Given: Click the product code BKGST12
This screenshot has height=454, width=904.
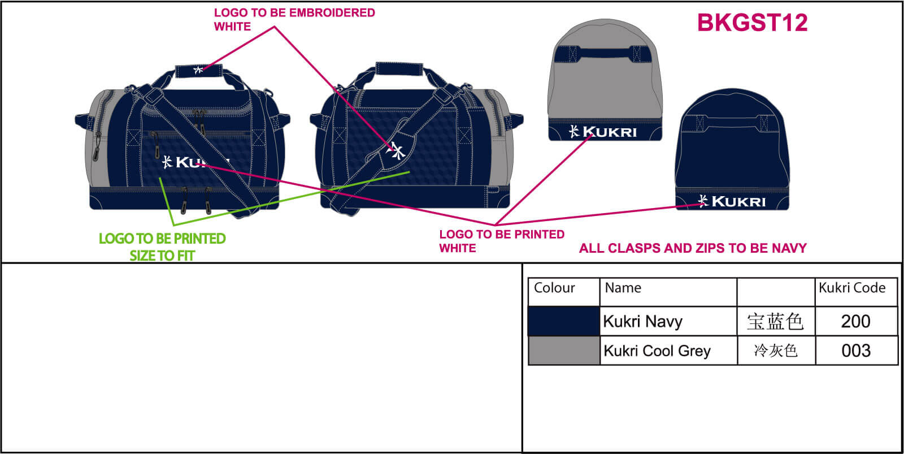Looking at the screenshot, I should pyautogui.click(x=752, y=23).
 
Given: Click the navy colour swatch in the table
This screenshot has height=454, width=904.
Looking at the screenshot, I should pyautogui.click(x=563, y=321).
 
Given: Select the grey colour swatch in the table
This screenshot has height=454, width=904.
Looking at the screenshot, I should pyautogui.click(x=563, y=351).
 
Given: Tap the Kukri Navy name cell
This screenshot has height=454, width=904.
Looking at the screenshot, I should pyautogui.click(x=643, y=321).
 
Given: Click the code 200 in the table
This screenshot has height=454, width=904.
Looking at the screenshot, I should pyautogui.click(x=855, y=321).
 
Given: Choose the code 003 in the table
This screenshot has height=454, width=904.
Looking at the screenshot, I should pyautogui.click(x=855, y=351).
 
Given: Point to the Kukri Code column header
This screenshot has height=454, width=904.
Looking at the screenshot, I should pyautogui.click(x=851, y=288).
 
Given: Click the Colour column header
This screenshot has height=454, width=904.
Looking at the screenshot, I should pyautogui.click(x=554, y=288).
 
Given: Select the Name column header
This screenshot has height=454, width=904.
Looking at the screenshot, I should pyautogui.click(x=623, y=288).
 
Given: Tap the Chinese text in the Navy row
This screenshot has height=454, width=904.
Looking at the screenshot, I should pyautogui.click(x=775, y=321).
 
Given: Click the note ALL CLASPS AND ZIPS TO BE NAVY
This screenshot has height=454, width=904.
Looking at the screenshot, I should pyautogui.click(x=693, y=248).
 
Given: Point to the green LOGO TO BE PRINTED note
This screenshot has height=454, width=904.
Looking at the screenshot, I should pyautogui.click(x=162, y=247).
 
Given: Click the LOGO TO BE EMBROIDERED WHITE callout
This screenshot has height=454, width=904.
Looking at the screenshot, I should pyautogui.click(x=294, y=19).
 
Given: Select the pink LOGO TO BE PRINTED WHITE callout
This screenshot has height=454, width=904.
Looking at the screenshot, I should pyautogui.click(x=501, y=241).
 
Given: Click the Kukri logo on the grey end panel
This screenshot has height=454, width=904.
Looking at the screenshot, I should pyautogui.click(x=603, y=132).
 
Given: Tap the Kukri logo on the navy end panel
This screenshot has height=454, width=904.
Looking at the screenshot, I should pyautogui.click(x=732, y=201).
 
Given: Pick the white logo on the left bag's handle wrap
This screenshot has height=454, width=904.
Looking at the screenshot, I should pyautogui.click(x=198, y=70).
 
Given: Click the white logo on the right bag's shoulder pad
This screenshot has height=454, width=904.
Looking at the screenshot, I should pyautogui.click(x=398, y=150).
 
